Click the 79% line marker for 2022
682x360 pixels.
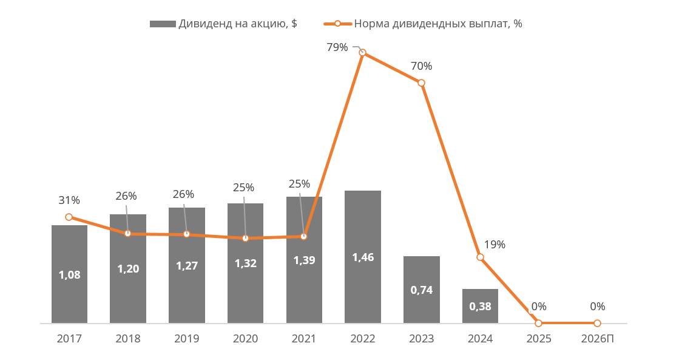363,53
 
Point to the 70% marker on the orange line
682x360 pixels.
421,83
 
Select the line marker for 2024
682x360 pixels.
480,257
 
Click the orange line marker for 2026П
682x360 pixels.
597,323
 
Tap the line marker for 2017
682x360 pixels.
69,217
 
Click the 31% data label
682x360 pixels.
69,200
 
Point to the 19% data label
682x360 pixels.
495,245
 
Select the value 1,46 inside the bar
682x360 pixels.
363,257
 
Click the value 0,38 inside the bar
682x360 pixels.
480,307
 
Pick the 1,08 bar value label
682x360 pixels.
69,275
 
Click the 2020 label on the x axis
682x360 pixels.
245,339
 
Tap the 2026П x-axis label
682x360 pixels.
598,339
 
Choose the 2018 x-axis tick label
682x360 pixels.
128,339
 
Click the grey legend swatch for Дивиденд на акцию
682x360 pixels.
163,24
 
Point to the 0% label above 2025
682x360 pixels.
539,307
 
